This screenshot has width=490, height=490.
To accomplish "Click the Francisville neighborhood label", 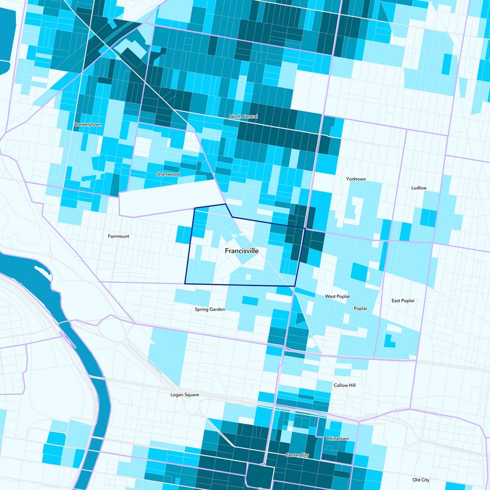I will tap(241, 251).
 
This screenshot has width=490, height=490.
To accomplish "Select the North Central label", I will tap(243, 116).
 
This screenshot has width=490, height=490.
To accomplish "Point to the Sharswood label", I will tap(167, 174).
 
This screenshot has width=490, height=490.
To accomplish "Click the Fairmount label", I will tap(118, 236).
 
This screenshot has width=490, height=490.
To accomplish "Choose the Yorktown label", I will tap(355, 179).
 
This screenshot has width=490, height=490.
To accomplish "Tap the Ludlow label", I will tap(419, 188).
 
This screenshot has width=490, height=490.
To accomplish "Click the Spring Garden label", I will tap(209, 309).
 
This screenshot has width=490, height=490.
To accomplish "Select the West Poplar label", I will tap(337, 296).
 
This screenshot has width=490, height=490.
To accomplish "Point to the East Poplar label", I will tap(403, 301).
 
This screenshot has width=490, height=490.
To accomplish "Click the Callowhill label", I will tap(344, 385).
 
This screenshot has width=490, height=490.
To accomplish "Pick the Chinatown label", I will tap(337, 439).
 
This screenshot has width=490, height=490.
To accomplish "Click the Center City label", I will tap(298, 455).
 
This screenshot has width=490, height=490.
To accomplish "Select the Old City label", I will tap(421, 480).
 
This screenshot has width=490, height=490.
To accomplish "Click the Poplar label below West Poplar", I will tap(360, 308).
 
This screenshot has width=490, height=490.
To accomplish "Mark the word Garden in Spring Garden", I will tap(217, 309).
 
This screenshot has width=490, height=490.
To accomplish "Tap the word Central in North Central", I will tap(250, 116).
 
